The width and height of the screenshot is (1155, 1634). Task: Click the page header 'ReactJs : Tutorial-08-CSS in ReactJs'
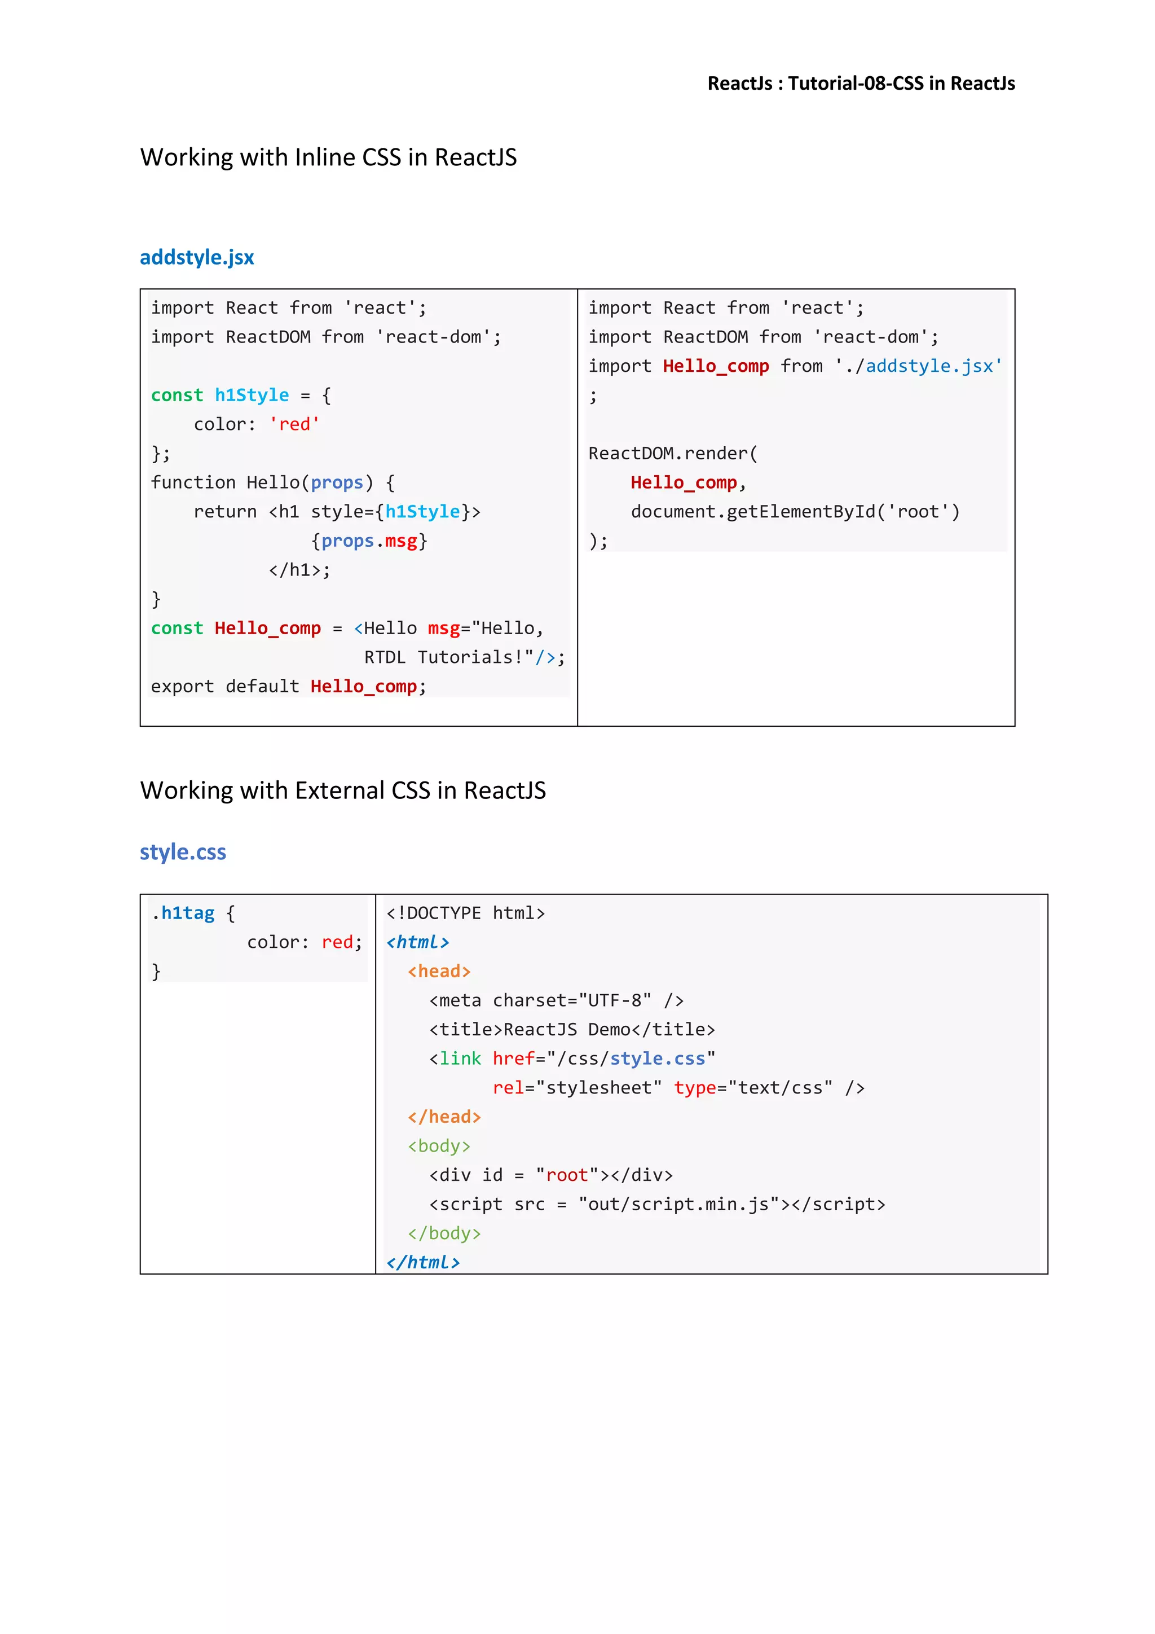[x=861, y=84]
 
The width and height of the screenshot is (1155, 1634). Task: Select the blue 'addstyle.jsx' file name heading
[x=196, y=258]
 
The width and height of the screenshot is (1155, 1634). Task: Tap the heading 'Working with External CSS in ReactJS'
[x=343, y=790]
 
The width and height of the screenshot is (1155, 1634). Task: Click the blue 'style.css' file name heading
[x=183, y=852]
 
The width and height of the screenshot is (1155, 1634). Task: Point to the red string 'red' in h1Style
[x=294, y=425]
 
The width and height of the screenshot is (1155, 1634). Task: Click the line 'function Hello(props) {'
[x=272, y=483]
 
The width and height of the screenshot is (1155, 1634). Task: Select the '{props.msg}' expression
[x=369, y=542]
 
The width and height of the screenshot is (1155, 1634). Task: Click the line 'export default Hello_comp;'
[x=288, y=687]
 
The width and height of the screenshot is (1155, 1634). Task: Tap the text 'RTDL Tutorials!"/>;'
[x=464, y=657]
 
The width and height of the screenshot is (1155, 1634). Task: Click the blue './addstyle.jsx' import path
[x=928, y=367]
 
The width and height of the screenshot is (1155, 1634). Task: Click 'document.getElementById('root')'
[x=795, y=512]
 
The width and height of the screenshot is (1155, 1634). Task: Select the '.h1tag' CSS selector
[x=183, y=914]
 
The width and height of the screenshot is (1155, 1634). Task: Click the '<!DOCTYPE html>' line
[x=465, y=914]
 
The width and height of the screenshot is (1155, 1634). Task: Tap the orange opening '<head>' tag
[x=439, y=972]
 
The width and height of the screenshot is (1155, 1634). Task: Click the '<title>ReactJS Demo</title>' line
[x=572, y=1030]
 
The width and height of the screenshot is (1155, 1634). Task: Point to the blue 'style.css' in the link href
[x=657, y=1059]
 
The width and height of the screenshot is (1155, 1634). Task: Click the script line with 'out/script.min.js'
[x=657, y=1205]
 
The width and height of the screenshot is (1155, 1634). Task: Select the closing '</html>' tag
[x=423, y=1263]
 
